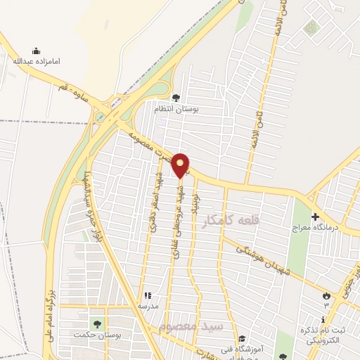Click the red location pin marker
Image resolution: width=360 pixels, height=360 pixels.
pos(181,165)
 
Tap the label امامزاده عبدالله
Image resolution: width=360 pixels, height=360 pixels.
pos(37,62)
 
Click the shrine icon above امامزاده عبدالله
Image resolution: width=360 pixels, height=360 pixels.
pos(37,51)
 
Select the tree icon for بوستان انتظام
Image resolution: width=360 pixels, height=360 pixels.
pos(176,98)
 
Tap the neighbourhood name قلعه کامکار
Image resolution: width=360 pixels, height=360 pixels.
pos(231,221)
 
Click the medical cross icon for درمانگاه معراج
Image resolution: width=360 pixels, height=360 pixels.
pos(315,217)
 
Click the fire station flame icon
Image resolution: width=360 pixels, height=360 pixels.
pos(325,295)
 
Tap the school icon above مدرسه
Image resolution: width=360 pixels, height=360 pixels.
pos(148,296)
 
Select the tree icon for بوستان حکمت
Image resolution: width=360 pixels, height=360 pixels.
pos(97,324)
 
